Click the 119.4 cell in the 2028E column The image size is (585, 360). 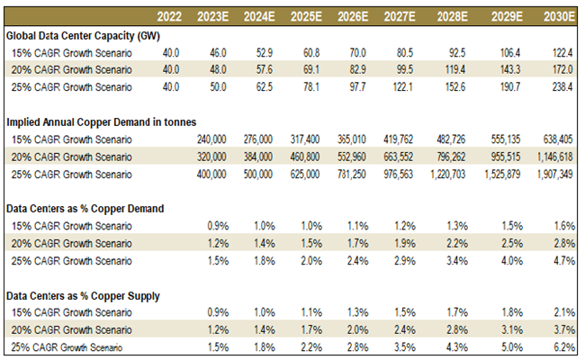coord(463,69)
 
